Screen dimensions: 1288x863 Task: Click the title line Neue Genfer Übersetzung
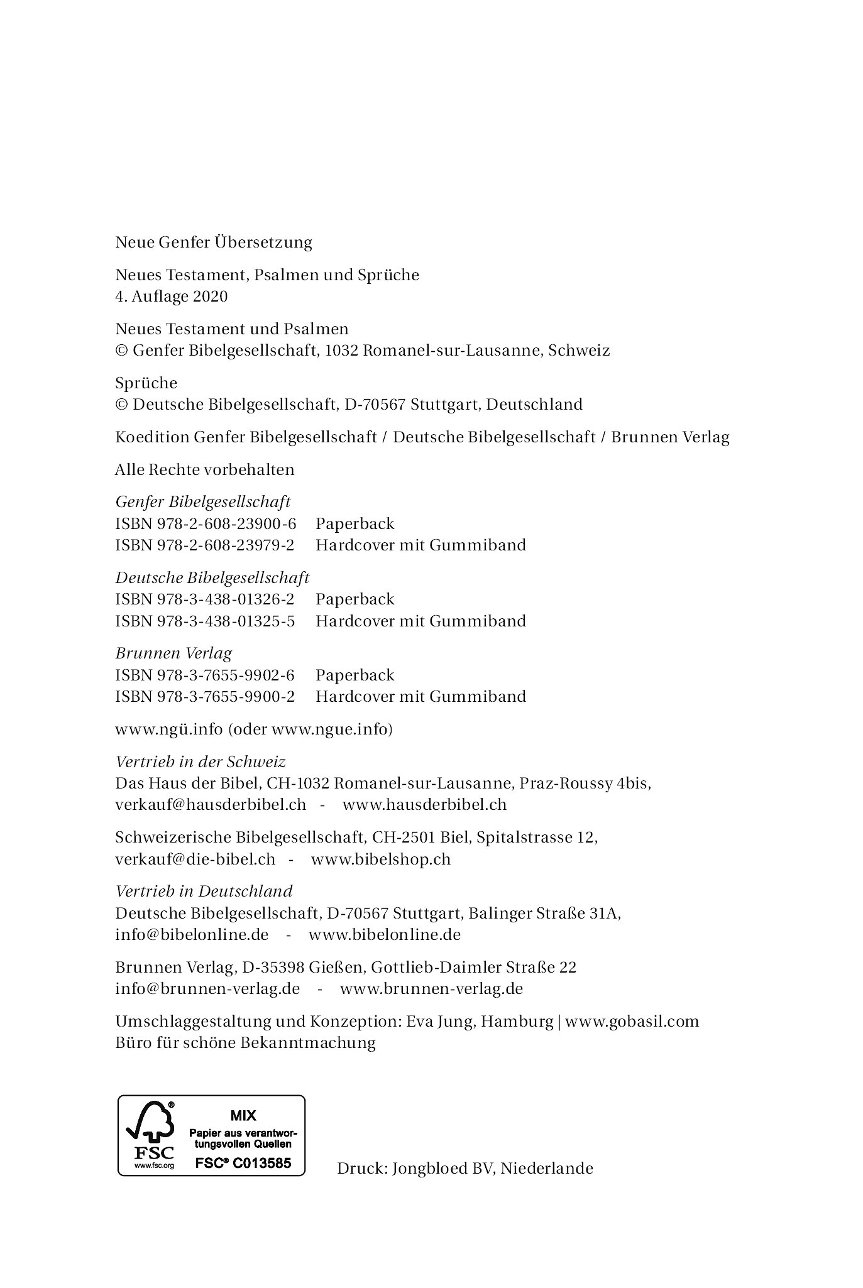(x=214, y=242)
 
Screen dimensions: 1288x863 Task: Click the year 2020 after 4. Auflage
(x=211, y=296)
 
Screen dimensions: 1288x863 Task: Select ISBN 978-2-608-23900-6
(x=206, y=523)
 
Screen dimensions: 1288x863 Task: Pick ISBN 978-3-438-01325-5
(x=205, y=621)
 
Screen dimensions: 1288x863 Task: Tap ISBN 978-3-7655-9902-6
(x=205, y=675)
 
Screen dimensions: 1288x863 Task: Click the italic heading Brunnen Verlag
(x=173, y=653)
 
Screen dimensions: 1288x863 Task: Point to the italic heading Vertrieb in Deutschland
(x=204, y=891)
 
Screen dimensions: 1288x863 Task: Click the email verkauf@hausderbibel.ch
(x=211, y=804)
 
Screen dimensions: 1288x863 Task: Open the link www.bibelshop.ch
(x=381, y=859)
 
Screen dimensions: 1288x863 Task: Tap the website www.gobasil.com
(x=632, y=1021)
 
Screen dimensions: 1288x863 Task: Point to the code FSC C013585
(x=243, y=1163)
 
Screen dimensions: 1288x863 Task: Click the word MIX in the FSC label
(x=243, y=1116)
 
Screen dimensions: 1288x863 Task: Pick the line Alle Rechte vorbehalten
(x=205, y=469)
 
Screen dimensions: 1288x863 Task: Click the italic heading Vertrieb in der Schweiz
(x=201, y=761)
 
